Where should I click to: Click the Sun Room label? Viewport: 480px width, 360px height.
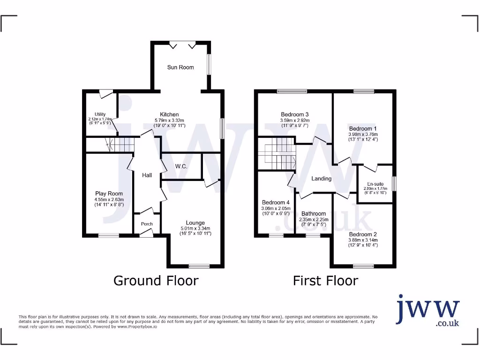[x=180, y=67]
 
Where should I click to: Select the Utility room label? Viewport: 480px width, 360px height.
[x=100, y=114]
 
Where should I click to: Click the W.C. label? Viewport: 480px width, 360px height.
[x=181, y=166]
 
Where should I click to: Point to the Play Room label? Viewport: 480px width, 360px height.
[x=109, y=194]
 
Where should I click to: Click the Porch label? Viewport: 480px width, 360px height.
[x=147, y=224]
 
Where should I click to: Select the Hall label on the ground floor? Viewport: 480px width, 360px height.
[x=147, y=175]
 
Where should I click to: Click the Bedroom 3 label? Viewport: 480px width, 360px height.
[x=294, y=114]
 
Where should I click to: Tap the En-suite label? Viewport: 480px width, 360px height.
[x=375, y=184]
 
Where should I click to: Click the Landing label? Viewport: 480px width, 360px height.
[x=322, y=179]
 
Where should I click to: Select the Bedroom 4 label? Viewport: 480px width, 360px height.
[x=276, y=202]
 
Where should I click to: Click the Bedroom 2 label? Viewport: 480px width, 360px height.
[x=363, y=234]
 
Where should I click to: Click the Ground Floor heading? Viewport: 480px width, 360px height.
[x=156, y=281]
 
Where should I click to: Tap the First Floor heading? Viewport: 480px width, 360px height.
[x=325, y=281]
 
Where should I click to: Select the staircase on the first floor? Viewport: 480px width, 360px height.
[x=277, y=154]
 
